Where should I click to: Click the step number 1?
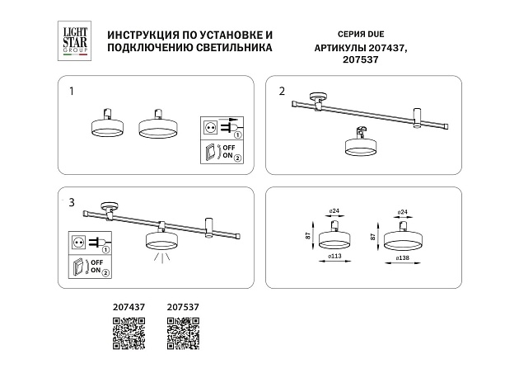72,90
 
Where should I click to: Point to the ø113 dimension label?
335,257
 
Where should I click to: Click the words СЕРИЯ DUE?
340,35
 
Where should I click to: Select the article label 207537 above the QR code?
183,308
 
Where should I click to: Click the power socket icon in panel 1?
209,128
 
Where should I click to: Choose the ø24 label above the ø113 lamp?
334,212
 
